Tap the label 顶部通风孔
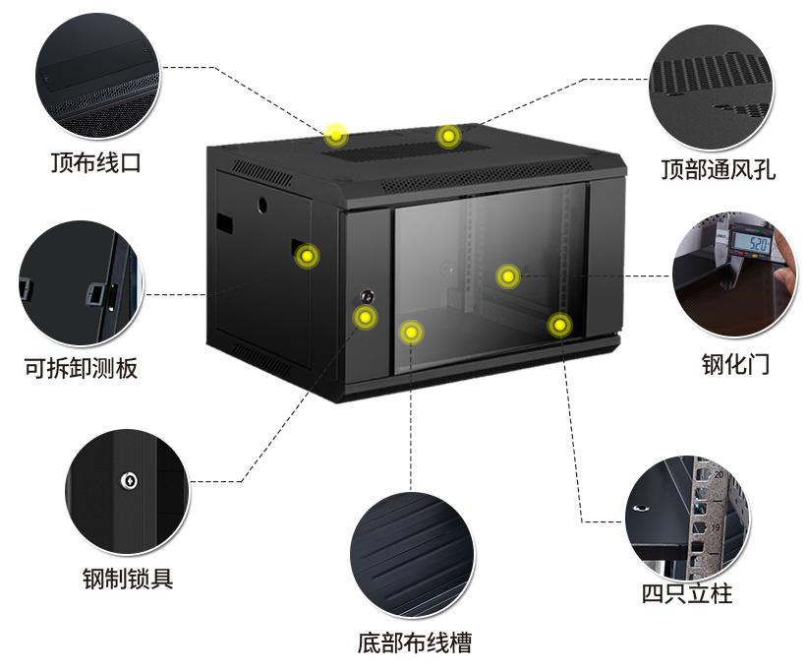pyautogui.click(x=718, y=168)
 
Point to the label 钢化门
pyautogui.click(x=734, y=364)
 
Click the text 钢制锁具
pyautogui.click(x=127, y=578)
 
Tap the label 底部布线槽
pyautogui.click(x=413, y=643)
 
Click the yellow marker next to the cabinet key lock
pyautogui.click(x=366, y=317)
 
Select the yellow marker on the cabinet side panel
pyautogui.click(x=308, y=257)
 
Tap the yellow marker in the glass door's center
pyautogui.click(x=507, y=276)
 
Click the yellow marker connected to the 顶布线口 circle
pyautogui.click(x=336, y=134)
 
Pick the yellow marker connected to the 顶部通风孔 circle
pyautogui.click(x=448, y=136)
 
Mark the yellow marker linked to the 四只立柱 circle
pyautogui.click(x=558, y=324)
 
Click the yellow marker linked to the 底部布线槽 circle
pyautogui.click(x=411, y=332)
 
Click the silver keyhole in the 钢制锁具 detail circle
pyautogui.click(x=127, y=481)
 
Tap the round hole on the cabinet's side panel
pyautogui.click(x=263, y=207)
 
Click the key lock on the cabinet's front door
pyautogui.click(x=367, y=295)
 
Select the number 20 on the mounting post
pyautogui.click(x=719, y=474)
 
